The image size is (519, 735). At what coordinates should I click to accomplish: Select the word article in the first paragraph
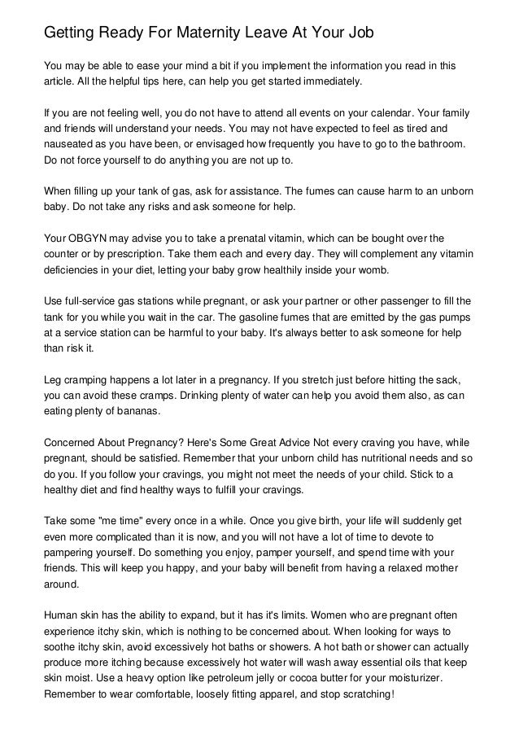click(61, 82)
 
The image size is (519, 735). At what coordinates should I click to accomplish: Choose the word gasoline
click(246, 315)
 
